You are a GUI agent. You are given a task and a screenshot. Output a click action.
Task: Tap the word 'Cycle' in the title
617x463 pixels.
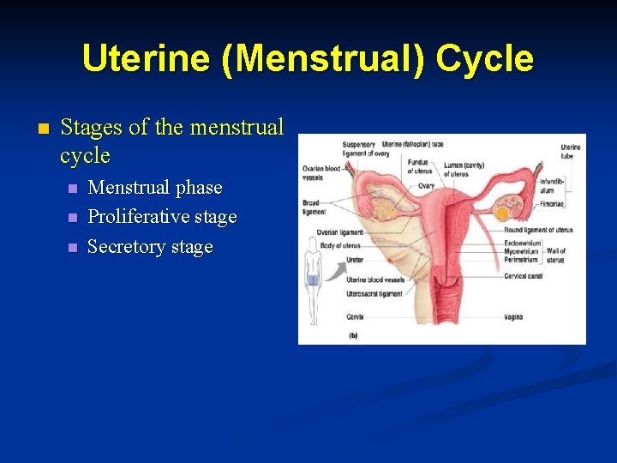(x=484, y=59)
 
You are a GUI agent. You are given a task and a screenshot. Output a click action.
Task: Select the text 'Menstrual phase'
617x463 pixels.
(x=155, y=188)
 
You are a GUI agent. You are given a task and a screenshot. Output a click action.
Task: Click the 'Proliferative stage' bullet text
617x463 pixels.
(x=162, y=217)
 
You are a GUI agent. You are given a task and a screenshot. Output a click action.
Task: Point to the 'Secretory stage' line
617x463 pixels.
(x=150, y=247)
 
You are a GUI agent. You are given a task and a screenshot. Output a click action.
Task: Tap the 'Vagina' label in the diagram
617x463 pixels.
(x=513, y=317)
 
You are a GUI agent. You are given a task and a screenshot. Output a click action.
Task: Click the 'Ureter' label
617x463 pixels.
(x=356, y=259)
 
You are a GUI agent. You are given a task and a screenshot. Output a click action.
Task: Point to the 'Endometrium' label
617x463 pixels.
(x=523, y=244)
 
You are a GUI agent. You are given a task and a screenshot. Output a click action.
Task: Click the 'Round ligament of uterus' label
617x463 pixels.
(x=538, y=230)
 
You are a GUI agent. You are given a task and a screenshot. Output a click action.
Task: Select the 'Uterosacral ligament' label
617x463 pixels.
(x=374, y=294)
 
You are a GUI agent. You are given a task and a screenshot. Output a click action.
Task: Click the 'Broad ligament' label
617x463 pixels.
(x=314, y=207)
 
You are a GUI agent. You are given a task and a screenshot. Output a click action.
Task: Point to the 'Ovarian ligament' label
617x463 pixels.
(x=339, y=232)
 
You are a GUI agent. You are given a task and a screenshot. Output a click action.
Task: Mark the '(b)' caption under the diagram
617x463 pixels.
(x=352, y=336)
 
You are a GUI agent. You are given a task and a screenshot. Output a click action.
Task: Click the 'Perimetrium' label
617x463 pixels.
(x=522, y=260)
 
